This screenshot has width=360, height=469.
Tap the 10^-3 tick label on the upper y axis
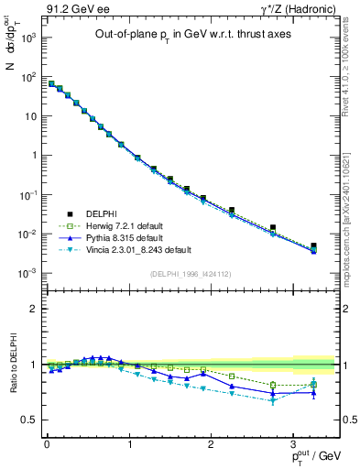(x=27, y=273)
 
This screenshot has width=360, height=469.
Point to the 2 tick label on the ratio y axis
(x=32, y=309)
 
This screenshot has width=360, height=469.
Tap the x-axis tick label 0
(x=47, y=446)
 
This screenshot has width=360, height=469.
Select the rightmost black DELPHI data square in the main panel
(x=313, y=246)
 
